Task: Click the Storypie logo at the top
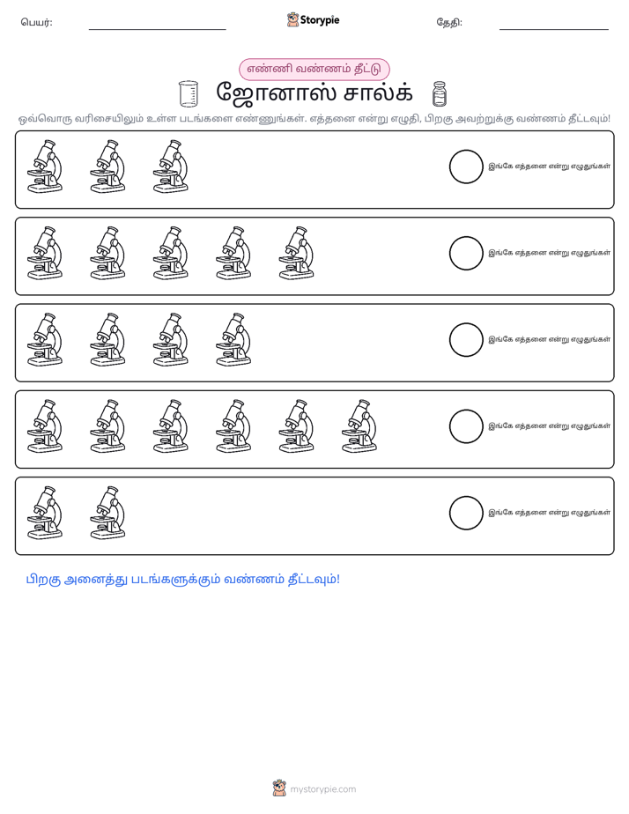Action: point(313,19)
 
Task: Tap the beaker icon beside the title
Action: point(189,93)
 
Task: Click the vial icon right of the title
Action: point(439,93)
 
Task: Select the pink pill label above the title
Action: point(314,69)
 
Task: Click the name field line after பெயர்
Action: point(157,30)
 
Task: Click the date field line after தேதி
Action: point(554,30)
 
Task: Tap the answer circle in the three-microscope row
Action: point(466,166)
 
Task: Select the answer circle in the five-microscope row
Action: point(466,254)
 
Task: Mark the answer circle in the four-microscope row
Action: point(466,340)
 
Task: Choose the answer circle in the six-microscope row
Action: point(466,426)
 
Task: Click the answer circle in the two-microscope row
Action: point(466,513)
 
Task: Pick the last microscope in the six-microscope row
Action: point(359,426)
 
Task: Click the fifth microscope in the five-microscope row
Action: point(296,254)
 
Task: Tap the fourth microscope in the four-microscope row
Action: point(233,340)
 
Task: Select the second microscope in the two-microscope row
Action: point(107,513)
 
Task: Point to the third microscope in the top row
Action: point(171,166)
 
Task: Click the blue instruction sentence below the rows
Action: point(183,580)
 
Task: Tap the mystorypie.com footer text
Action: point(322,789)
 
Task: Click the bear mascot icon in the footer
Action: point(279,788)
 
